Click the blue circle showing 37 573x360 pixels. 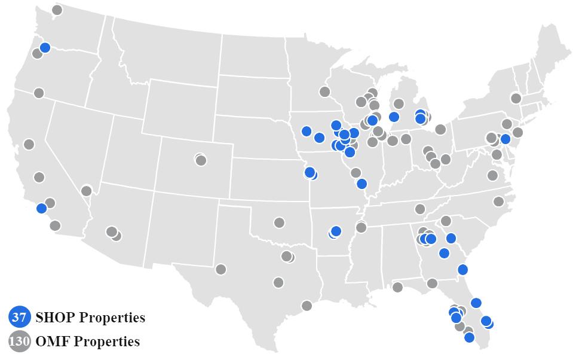[19, 317]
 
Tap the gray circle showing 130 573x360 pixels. [19, 341]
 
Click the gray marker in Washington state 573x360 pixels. [57, 10]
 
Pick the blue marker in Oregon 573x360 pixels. [45, 48]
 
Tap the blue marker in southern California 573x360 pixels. [41, 208]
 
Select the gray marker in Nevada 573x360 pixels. [86, 191]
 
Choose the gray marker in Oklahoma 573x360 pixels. [279, 222]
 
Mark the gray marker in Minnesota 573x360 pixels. [324, 91]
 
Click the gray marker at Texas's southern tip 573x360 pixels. [307, 306]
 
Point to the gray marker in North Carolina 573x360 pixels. [498, 202]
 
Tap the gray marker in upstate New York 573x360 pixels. [516, 98]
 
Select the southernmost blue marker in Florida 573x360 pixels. [469, 337]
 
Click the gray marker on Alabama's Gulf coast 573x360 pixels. [397, 287]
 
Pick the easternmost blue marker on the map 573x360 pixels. [505, 139]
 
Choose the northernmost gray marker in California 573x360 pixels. [39, 93]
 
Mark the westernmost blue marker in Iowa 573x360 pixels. [307, 131]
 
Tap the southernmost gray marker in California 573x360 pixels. [55, 225]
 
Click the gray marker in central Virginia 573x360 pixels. [492, 175]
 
